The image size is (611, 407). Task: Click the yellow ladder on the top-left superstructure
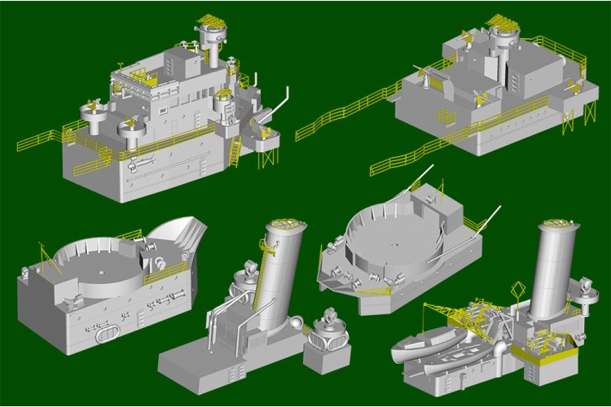pos(235,151)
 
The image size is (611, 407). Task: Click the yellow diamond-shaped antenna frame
pos(516,288)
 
